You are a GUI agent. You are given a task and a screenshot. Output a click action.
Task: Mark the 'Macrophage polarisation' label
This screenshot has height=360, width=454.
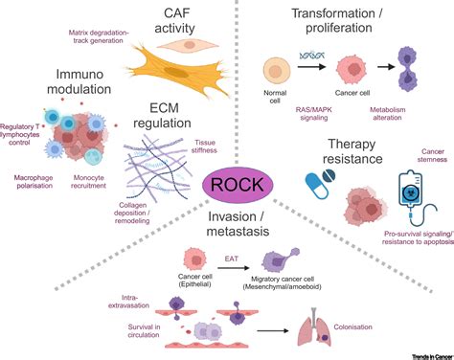pyautogui.click(x=34, y=208)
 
